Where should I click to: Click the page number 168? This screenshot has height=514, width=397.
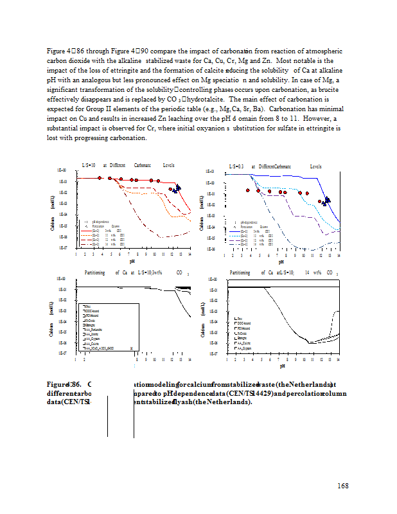(x=342, y=485)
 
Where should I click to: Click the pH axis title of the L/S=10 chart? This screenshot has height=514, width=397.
(x=132, y=261)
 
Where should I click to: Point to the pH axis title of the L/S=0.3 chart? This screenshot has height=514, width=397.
(x=281, y=261)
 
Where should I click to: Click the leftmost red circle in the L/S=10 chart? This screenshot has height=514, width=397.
(x=100, y=178)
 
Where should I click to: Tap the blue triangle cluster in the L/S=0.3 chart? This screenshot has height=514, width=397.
(x=326, y=200)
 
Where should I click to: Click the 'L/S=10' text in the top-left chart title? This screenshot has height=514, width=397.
(x=89, y=165)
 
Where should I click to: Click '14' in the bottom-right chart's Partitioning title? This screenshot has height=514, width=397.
(x=307, y=272)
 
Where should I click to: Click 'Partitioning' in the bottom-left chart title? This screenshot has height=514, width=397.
(x=96, y=272)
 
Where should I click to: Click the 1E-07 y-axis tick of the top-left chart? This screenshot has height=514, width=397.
(x=63, y=247)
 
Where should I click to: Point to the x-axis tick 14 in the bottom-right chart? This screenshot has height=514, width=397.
(x=338, y=360)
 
